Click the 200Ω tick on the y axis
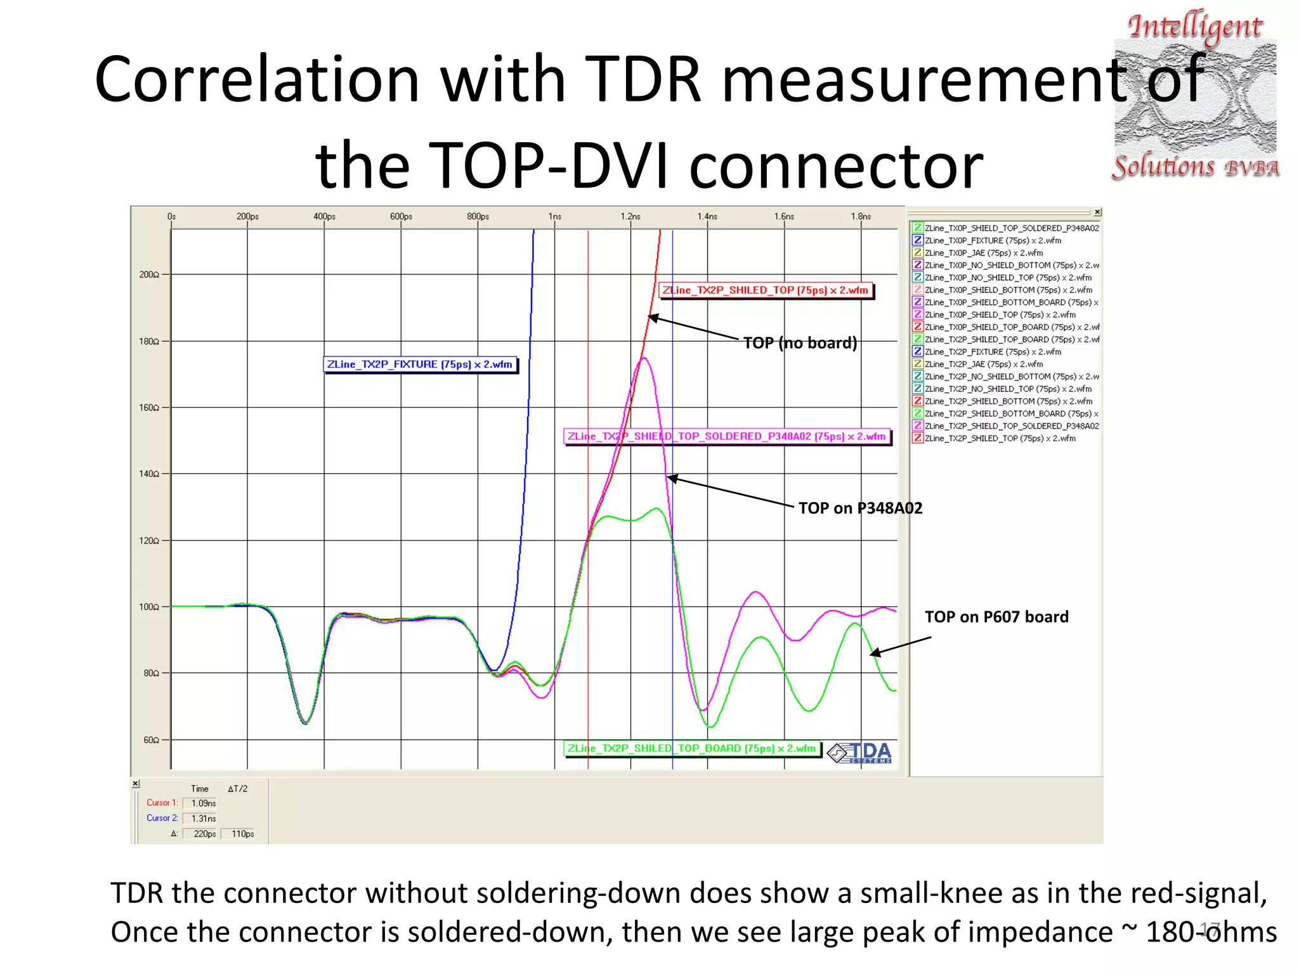(149, 275)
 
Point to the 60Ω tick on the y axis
(151, 740)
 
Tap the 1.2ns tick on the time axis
(630, 217)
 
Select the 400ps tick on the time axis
(324, 217)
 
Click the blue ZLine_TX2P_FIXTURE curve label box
(421, 365)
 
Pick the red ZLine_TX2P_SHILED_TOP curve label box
(766, 290)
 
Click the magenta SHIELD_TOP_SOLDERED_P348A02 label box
(727, 436)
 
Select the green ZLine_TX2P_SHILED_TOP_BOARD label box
(692, 748)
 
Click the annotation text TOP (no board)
(800, 343)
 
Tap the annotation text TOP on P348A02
(860, 508)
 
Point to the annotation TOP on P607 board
(996, 617)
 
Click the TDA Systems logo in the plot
(860, 753)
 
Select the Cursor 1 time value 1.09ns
(203, 803)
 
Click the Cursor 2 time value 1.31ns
(203, 819)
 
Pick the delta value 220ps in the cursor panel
(204, 834)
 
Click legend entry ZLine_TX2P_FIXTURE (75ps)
(993, 352)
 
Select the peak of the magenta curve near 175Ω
(644, 358)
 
